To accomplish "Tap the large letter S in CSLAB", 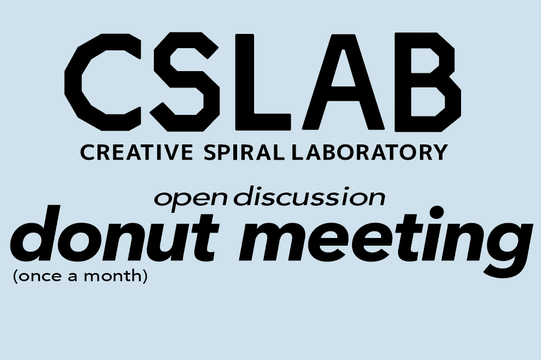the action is [185, 82].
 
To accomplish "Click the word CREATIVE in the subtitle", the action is [136, 153].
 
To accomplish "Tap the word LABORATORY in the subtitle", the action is [370, 153].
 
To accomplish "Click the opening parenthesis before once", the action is [15, 276].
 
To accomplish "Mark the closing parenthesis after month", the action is [145, 276].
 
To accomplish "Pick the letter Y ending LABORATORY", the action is [440, 153].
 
